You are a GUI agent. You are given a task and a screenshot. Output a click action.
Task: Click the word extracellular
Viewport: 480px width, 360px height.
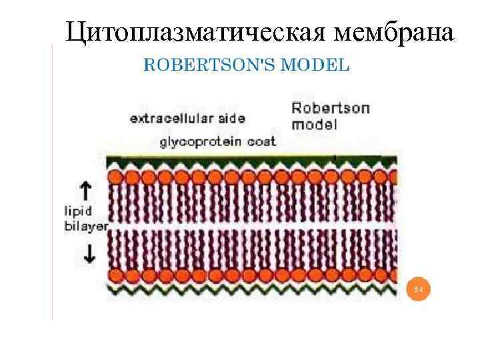pos(172,119)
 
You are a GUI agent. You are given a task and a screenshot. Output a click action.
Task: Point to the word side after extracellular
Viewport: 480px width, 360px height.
pos(231,119)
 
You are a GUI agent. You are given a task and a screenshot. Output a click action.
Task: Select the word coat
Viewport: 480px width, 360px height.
pos(262,141)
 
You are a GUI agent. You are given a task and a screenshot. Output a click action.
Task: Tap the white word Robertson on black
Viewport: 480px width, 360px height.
pos(331,109)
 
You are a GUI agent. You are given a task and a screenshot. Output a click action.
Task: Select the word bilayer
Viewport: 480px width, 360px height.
pos(85,226)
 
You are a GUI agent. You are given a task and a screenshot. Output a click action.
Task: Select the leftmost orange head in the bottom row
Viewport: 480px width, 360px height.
pos(115,275)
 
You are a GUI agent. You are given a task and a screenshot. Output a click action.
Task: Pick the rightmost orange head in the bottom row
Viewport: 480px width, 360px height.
pos(393,275)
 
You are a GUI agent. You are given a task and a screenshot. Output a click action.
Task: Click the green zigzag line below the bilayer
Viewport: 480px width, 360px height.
pos(253,291)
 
